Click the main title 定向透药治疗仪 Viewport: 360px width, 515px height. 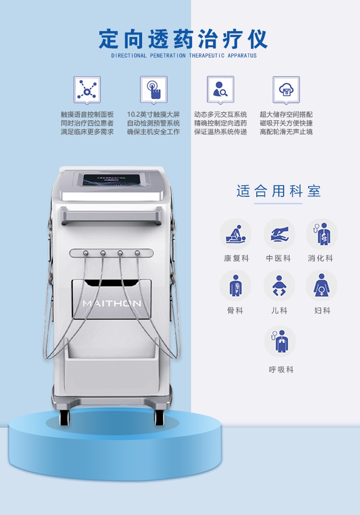coord(183,39)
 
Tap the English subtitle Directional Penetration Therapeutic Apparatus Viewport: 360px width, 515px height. coord(184,56)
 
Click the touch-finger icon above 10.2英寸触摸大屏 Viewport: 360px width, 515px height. coord(154,89)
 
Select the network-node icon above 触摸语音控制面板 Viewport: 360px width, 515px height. coord(87,89)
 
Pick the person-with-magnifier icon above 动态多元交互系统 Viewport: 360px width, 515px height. coord(220,89)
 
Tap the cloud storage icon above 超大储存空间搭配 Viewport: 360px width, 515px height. coord(286,89)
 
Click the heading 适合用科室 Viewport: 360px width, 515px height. coord(278,192)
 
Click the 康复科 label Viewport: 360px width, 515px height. coord(236,258)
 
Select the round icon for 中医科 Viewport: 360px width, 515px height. coord(279,234)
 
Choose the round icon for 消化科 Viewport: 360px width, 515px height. coord(321,234)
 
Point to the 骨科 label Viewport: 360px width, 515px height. coord(235,311)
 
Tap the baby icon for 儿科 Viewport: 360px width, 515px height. coord(279,286)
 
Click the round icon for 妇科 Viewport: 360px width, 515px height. coord(321,286)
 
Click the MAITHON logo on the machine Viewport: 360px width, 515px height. coord(112,303)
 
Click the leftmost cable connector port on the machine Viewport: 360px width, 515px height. coord(85,252)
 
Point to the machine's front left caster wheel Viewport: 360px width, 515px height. coord(64,417)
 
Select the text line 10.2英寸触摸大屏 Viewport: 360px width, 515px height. coord(154,115)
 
